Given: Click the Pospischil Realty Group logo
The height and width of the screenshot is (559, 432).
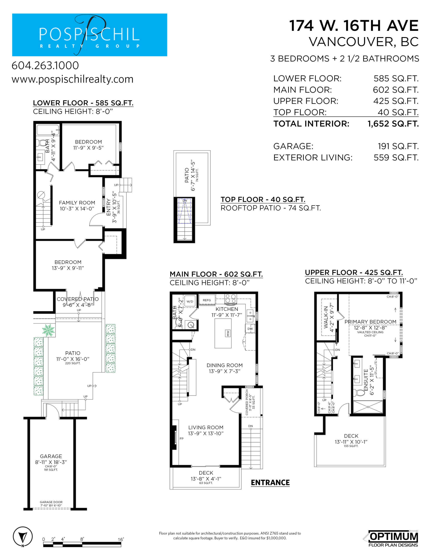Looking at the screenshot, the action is point(90,35).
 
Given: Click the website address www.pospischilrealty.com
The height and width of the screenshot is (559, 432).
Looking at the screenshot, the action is point(73,79).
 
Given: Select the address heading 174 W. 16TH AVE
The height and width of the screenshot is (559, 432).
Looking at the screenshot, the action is point(354,26).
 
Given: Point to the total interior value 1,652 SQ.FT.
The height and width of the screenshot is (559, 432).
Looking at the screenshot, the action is point(393,124).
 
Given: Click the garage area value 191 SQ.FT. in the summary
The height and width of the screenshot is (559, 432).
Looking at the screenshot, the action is point(398,146).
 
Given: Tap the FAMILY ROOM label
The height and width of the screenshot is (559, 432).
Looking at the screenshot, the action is point(77,203).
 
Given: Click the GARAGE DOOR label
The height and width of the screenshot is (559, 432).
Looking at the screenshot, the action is point(51,502).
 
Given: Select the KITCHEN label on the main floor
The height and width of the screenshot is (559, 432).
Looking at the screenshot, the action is point(227,309).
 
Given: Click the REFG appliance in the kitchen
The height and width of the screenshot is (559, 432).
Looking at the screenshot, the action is point(207,300).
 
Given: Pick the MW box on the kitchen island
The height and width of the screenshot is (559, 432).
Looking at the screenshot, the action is point(228,333).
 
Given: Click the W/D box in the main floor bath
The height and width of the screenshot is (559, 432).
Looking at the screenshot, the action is point(190,302).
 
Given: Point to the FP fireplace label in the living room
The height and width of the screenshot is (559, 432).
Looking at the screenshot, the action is point(181,438).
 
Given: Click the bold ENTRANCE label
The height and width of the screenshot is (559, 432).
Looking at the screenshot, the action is point(270,483).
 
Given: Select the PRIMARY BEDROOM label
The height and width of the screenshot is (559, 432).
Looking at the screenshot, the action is point(370,322).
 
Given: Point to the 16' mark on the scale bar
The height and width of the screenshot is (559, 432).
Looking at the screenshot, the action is point(121,539).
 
